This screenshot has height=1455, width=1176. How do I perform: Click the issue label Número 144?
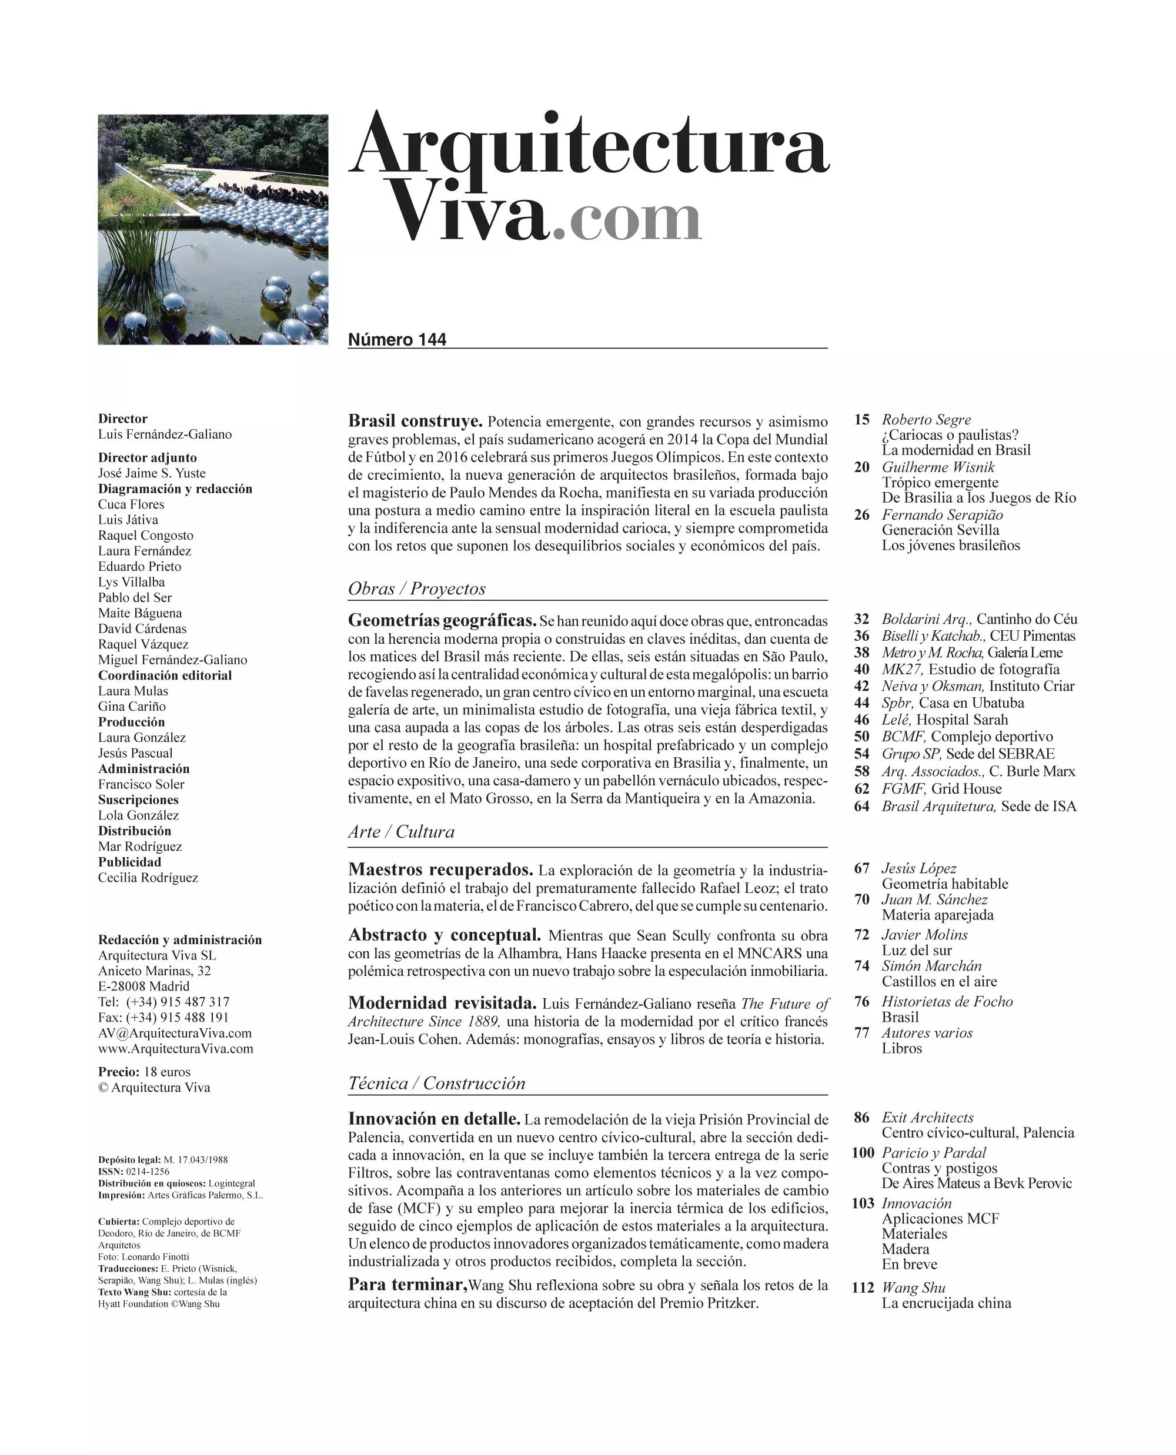tap(397, 340)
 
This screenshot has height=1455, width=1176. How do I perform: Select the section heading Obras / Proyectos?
tap(417, 588)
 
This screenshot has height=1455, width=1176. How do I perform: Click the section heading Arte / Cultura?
tap(401, 832)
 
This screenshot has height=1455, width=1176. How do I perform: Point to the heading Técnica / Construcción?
tap(436, 1083)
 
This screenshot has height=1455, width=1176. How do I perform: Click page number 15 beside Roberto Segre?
tap(861, 419)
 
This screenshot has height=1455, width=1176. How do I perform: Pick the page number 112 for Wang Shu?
tap(863, 1287)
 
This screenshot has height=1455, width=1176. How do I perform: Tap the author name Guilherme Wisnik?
tap(937, 467)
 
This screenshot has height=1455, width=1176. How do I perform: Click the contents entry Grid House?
tap(966, 788)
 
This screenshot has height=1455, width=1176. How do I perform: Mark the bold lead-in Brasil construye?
tap(415, 421)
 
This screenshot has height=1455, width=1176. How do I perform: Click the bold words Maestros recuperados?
tap(440, 869)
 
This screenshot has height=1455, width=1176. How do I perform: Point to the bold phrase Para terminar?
tap(407, 1285)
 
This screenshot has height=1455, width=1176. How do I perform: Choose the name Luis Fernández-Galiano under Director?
tap(165, 434)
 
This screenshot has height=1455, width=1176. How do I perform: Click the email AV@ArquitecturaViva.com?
tap(175, 1033)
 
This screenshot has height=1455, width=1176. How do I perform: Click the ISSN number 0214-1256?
tap(148, 1171)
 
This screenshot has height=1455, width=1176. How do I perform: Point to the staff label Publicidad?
tap(129, 862)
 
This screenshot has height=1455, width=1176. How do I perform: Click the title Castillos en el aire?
tap(939, 982)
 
